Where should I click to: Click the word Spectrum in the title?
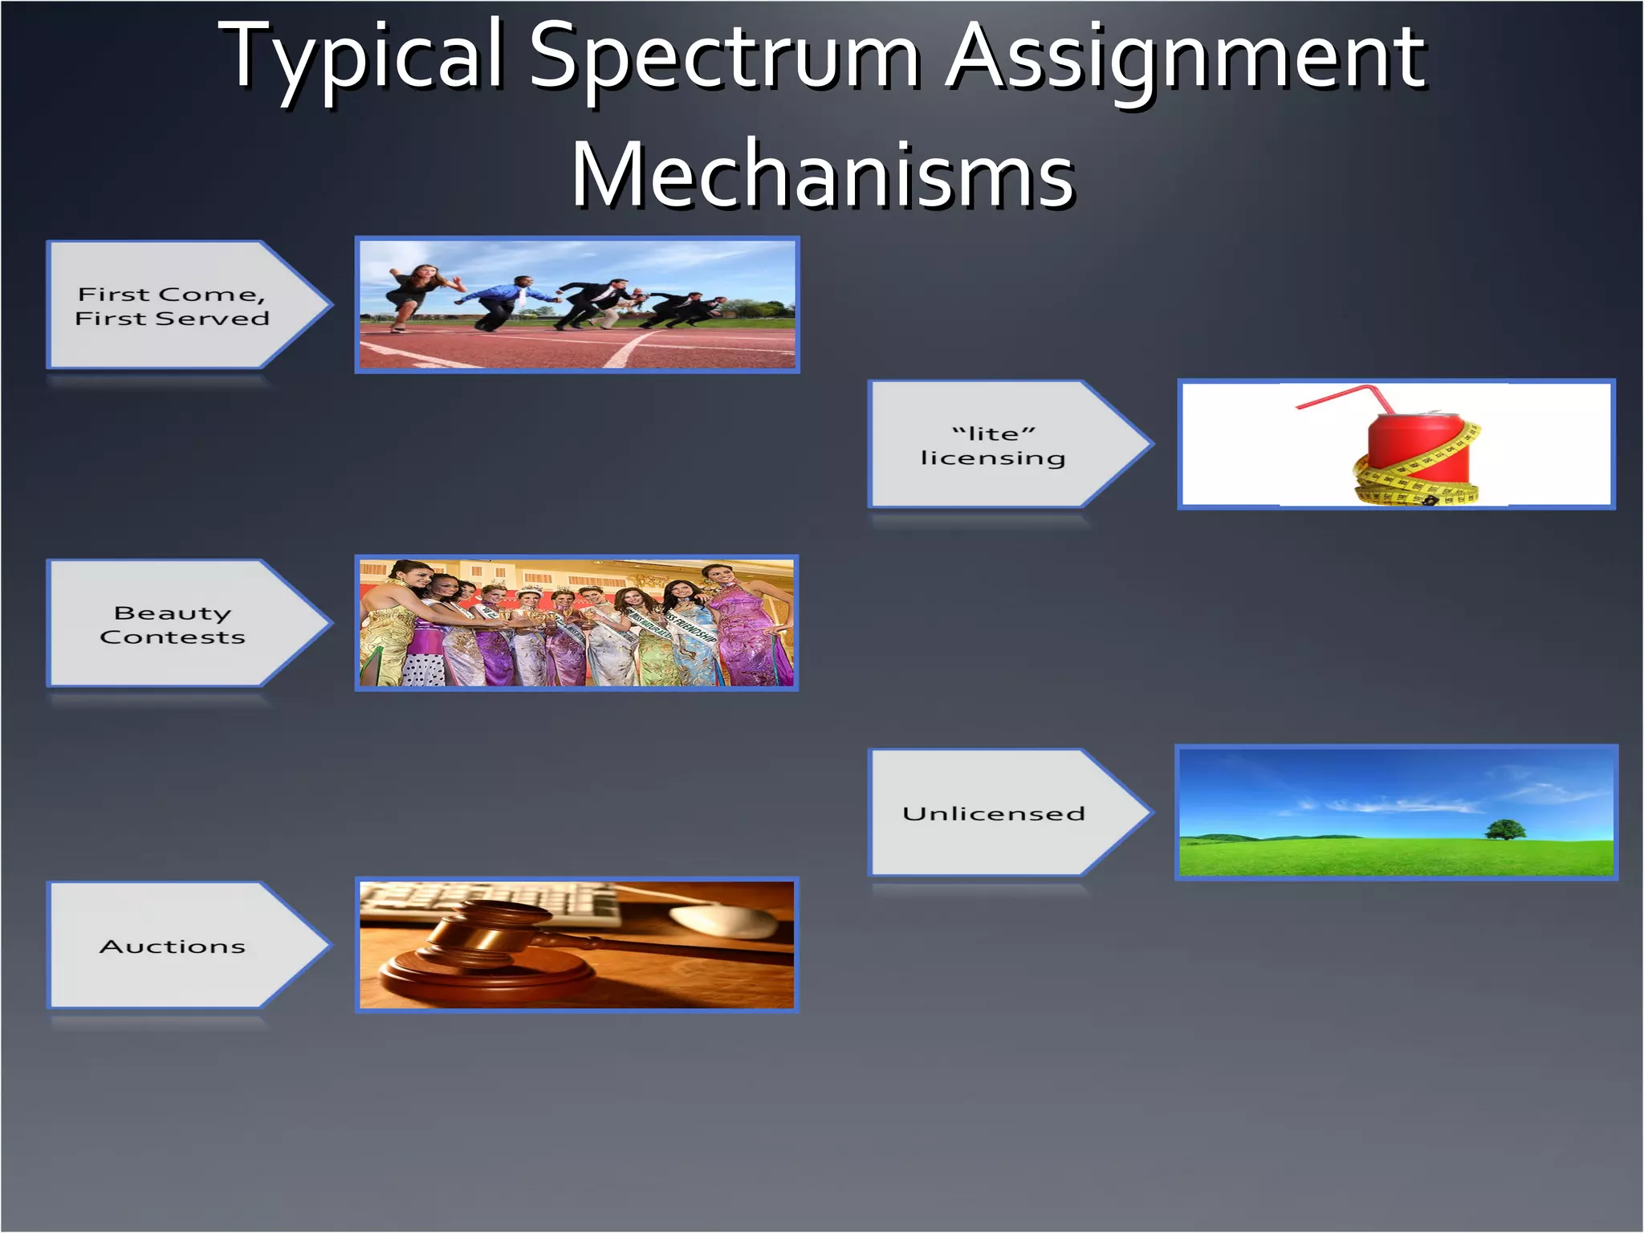click(x=724, y=56)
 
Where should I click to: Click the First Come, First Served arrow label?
click(x=172, y=306)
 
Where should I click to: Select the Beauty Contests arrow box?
click(x=172, y=625)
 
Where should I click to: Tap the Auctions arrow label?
click(x=172, y=946)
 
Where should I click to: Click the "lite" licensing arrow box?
click(x=993, y=446)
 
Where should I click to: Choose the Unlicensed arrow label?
click(x=993, y=813)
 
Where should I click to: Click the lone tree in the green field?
click(x=1505, y=829)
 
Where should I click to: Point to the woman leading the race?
click(x=417, y=293)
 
